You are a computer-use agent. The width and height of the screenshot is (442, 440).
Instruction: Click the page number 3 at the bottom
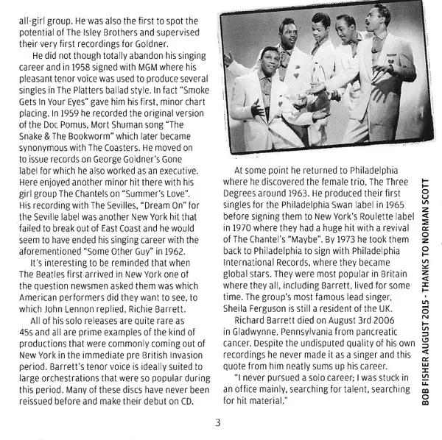coord(218,422)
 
